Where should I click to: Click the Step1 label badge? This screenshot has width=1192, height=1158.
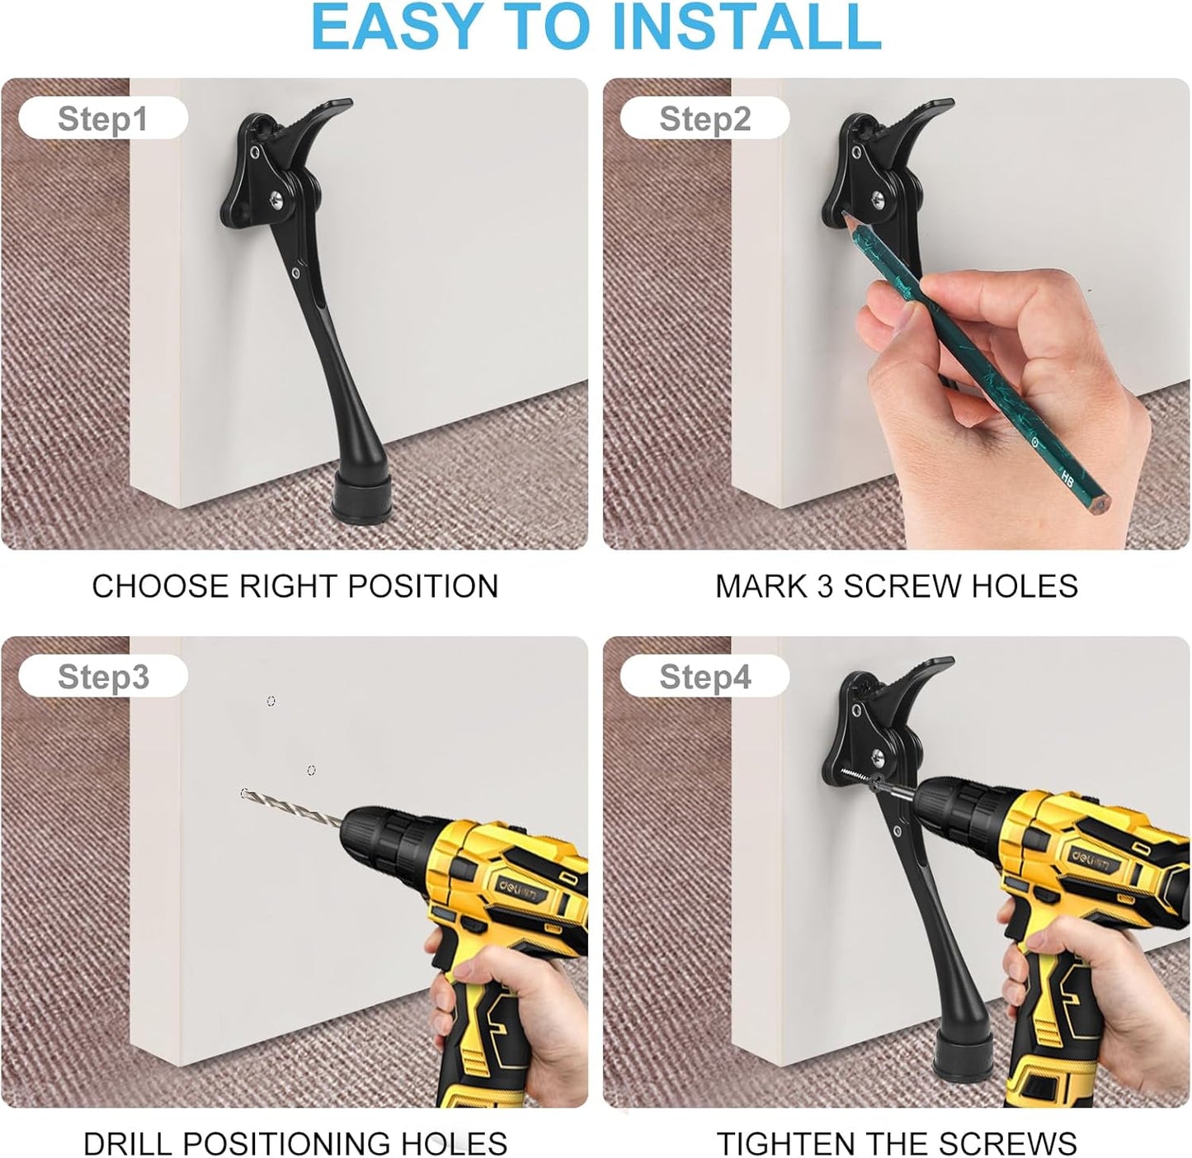pyautogui.click(x=103, y=118)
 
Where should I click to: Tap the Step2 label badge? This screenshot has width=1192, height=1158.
pyautogui.click(x=704, y=118)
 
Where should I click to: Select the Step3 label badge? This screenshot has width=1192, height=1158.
pyautogui.click(x=103, y=676)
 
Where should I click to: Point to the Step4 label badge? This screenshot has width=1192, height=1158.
pyautogui.click(x=704, y=676)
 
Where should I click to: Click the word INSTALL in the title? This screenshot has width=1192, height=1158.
pyautogui.click(x=747, y=26)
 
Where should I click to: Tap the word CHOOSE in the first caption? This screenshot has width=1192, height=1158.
pyautogui.click(x=159, y=586)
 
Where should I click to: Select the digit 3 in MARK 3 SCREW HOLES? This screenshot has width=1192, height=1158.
pyautogui.click(x=826, y=586)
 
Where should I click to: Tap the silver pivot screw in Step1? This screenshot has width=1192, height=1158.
pyautogui.click(x=276, y=199)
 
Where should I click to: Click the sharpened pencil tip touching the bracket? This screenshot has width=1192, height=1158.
pyautogui.click(x=845, y=215)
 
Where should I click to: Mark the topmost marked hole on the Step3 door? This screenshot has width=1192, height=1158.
pyautogui.click(x=271, y=701)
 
